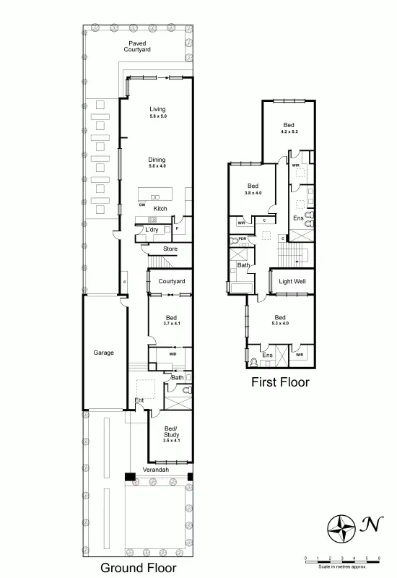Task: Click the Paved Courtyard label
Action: [x=137, y=47]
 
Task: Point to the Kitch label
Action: [x=160, y=209]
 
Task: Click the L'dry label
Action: [x=152, y=230]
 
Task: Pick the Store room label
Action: [x=170, y=249]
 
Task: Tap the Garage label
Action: [x=103, y=353]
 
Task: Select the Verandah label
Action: [x=156, y=470]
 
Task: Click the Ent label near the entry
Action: [x=139, y=400]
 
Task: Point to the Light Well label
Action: [x=292, y=280]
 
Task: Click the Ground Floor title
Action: [x=138, y=567]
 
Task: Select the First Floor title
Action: [x=280, y=382]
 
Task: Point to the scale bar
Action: [x=342, y=558]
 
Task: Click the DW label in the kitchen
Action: [x=143, y=204]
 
